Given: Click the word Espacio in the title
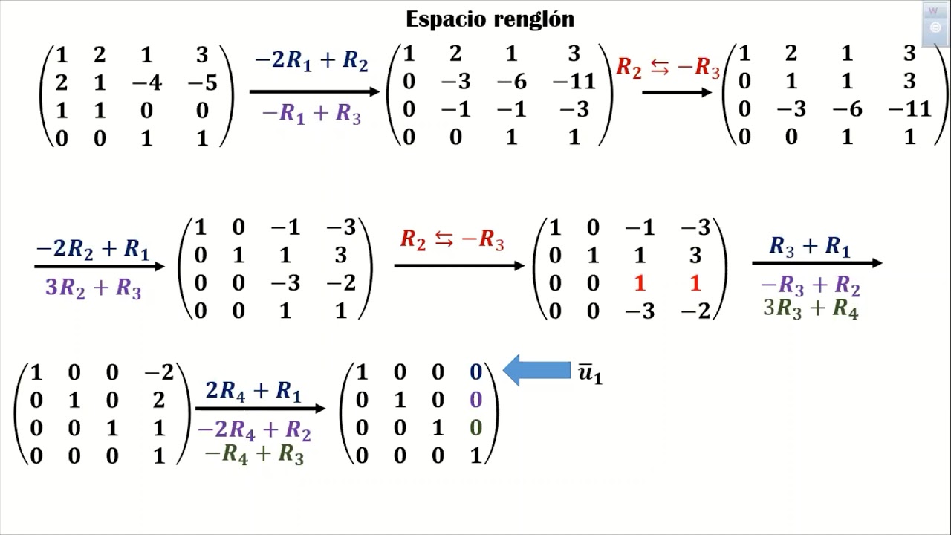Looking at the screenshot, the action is (447, 20).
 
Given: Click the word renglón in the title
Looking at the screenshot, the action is (534, 19).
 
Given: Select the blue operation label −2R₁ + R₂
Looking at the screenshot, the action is (311, 61).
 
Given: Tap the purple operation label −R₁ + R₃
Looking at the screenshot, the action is (311, 114).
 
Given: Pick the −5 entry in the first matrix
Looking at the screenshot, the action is (203, 82).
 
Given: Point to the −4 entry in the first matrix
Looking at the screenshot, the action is (147, 82).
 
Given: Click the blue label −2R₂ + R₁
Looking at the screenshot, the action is (93, 249).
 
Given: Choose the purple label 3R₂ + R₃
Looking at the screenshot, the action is (93, 288).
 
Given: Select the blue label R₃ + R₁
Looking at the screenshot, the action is (810, 246).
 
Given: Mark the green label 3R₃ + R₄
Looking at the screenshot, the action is (811, 308).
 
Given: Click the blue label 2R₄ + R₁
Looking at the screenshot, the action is (253, 391).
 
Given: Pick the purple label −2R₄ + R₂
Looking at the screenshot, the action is (254, 430).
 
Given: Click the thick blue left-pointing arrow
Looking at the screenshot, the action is (536, 370).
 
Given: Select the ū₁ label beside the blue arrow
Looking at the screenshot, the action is (590, 373).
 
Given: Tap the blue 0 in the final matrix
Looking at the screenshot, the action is (476, 372).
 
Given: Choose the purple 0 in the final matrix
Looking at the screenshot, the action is (476, 400).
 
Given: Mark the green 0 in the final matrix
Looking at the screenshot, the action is (476, 428).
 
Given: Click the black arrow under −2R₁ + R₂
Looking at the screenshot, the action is (314, 91).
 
